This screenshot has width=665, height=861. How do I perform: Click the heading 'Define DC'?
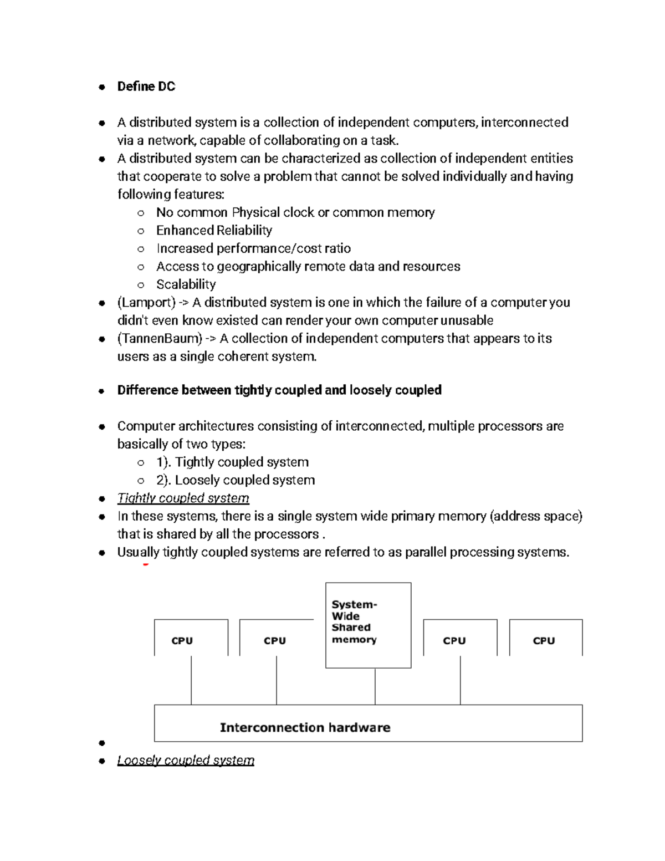[x=146, y=86]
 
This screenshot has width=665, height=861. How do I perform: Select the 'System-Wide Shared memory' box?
[x=368, y=625]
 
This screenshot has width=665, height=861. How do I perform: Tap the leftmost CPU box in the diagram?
[x=191, y=638]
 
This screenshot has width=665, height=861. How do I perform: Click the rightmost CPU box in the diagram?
[x=545, y=638]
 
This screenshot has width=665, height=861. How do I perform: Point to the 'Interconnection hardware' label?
[x=305, y=727]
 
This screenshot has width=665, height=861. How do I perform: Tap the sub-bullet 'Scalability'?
[x=186, y=284]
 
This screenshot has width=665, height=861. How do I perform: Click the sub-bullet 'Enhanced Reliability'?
[x=214, y=231]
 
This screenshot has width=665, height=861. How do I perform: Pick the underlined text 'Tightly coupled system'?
[x=183, y=498]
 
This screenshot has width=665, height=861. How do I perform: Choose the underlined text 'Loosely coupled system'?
[x=186, y=760]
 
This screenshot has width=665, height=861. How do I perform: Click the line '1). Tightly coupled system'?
[x=232, y=462]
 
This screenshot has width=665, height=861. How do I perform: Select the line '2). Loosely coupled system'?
[x=236, y=480]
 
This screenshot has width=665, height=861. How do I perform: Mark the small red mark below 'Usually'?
[x=146, y=564]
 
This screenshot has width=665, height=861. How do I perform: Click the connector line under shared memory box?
[x=375, y=686]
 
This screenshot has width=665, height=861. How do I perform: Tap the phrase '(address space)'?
[x=536, y=516]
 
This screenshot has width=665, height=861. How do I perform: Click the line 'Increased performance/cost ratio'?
[x=253, y=248]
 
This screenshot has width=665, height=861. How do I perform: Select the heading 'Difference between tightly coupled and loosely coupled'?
[x=279, y=390]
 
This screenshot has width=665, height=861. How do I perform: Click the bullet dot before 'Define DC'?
[x=101, y=87]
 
